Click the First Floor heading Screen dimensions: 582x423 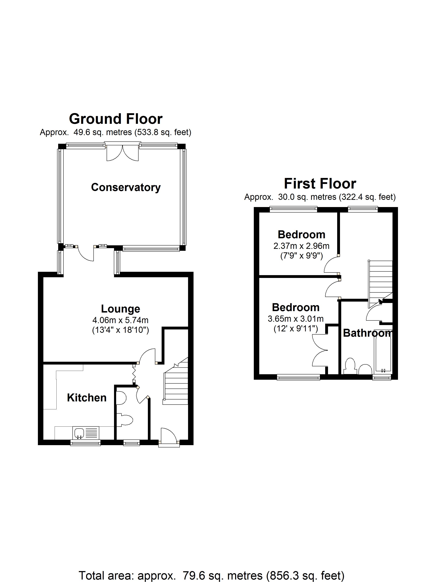[x=320, y=184]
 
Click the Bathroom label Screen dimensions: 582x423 [x=367, y=333]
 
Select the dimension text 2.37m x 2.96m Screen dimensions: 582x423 [x=301, y=246]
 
